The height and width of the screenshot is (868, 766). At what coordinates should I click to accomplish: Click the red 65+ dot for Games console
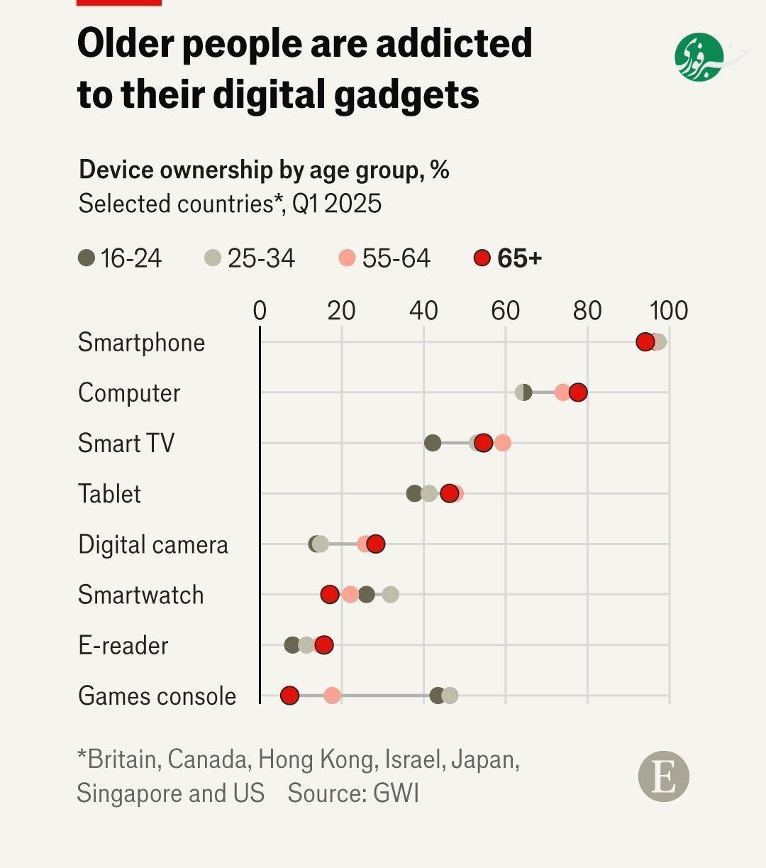coord(289,696)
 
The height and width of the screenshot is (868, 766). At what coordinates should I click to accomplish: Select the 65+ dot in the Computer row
coord(578,392)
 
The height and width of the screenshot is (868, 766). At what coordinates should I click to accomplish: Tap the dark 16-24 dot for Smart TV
coord(433,443)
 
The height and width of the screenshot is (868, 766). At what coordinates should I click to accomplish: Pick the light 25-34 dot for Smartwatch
coord(390,595)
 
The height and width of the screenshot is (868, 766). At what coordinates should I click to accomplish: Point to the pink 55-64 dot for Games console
coord(332,696)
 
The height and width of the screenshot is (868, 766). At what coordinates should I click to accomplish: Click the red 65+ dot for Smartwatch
coord(330,595)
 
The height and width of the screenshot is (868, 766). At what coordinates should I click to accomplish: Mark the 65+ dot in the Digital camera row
coord(376,544)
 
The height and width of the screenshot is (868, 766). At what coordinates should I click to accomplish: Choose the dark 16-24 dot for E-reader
coord(292,645)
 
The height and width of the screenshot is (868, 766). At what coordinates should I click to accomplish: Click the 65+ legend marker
coord(482,258)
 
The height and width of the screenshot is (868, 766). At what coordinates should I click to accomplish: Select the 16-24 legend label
coord(131,258)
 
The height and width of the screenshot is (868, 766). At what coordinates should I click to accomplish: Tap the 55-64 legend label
coord(396,258)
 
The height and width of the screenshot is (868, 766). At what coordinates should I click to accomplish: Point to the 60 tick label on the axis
coord(506,311)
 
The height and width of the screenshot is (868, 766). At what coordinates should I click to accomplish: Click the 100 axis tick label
coord(669,311)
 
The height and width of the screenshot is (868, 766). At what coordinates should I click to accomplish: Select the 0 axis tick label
coord(260,311)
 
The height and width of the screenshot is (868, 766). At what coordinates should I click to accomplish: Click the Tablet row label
coord(109,494)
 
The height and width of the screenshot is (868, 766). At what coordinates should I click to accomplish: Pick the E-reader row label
coord(123,646)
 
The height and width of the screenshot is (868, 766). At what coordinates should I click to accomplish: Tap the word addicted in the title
coord(454,44)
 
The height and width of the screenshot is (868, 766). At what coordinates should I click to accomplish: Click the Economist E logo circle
coord(664,776)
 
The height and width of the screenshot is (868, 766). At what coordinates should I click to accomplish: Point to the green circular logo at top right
coord(699,57)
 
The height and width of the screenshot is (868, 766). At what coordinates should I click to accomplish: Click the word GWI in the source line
coord(397,793)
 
